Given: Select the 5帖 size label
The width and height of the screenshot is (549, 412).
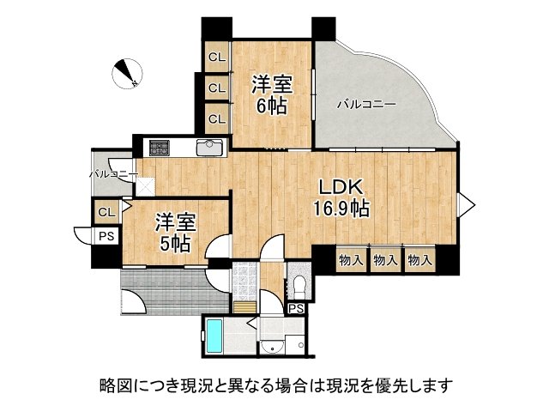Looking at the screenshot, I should (x=175, y=242).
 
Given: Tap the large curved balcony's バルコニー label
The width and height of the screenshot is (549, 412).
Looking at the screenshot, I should (x=365, y=105).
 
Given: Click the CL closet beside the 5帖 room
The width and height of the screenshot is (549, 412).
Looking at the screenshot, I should (x=106, y=212).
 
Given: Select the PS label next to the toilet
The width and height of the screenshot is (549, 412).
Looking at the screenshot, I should (x=296, y=308).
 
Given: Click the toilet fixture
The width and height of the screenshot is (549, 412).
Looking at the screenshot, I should (x=297, y=283).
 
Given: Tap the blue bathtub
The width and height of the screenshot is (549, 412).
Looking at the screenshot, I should (x=214, y=336).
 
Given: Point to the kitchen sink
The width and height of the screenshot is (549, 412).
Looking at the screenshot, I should (x=209, y=148).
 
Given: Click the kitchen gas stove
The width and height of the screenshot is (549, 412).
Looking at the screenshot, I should (x=160, y=148).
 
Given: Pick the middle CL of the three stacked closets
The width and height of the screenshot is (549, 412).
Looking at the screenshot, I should (x=216, y=88).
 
